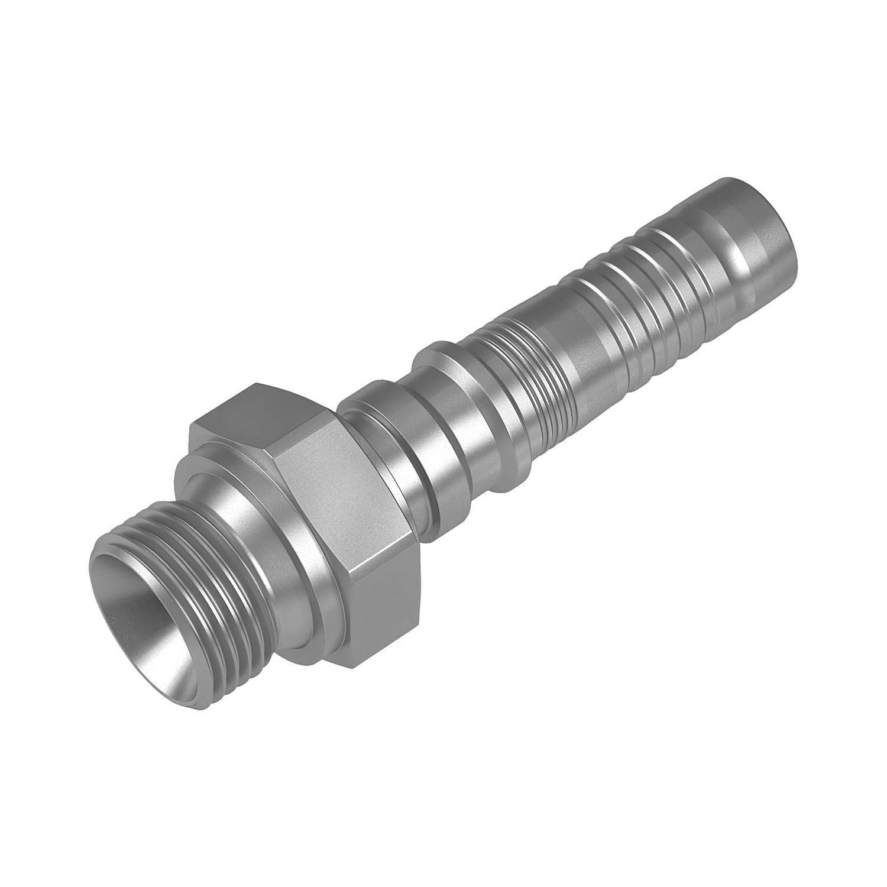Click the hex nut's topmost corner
coord(257,385)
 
